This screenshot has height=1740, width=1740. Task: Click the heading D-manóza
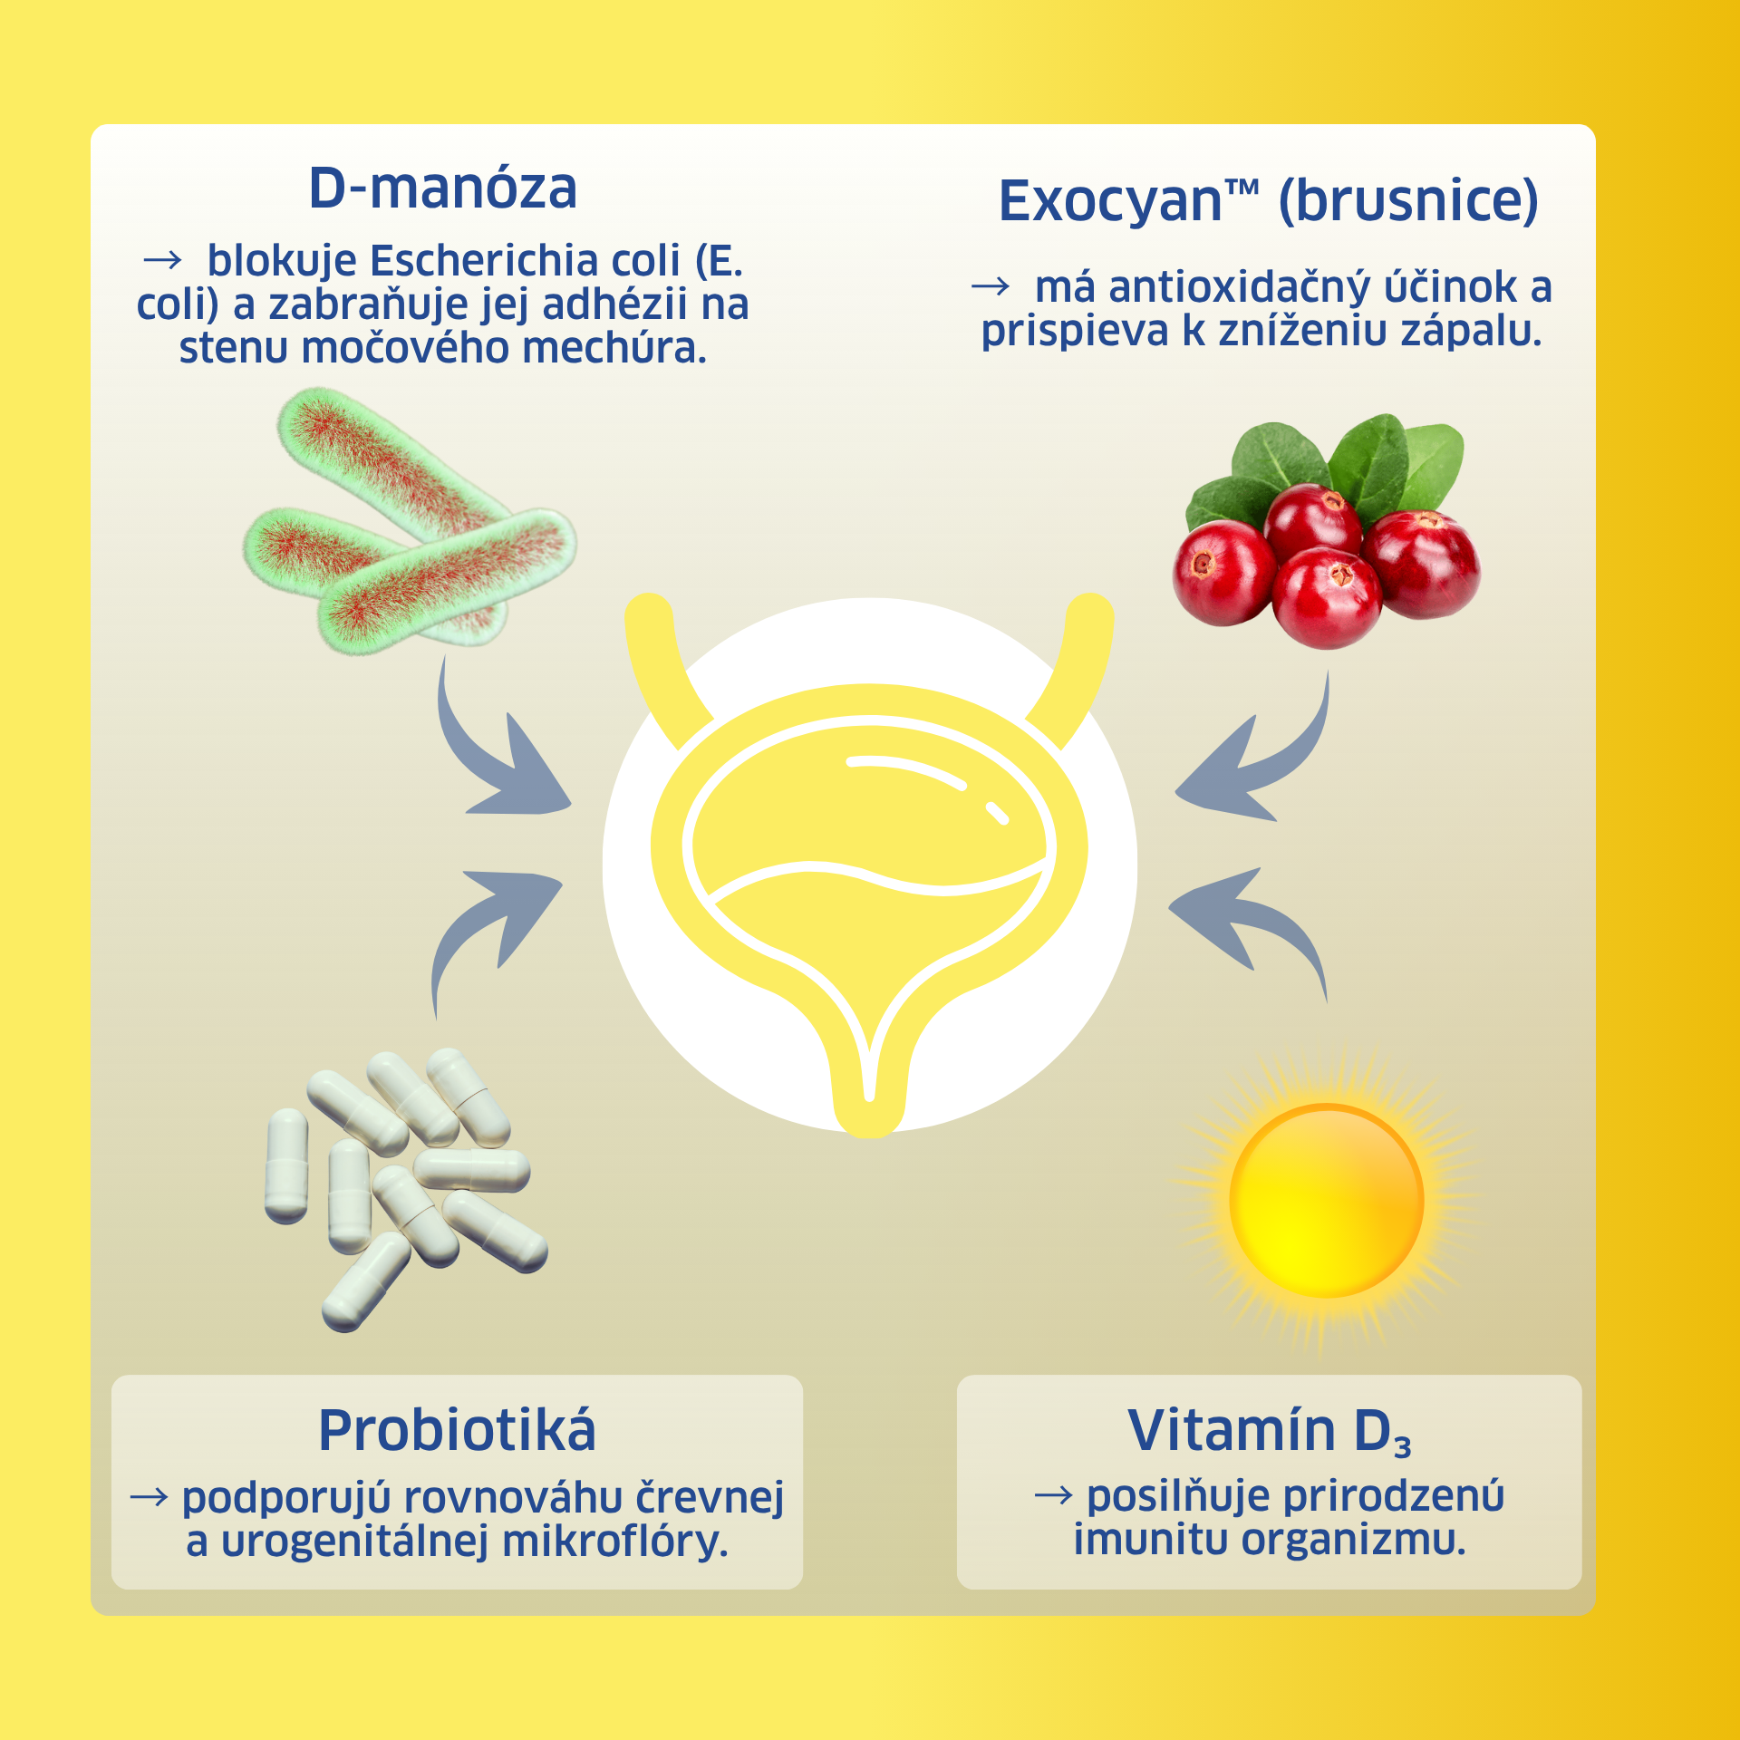pos(442,188)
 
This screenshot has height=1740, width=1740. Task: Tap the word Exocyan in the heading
pos(1110,201)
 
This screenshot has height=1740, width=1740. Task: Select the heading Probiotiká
pos(457,1430)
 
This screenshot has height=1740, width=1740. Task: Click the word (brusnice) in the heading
pos(1408,201)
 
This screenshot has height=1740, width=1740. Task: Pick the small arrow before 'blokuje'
pos(163,261)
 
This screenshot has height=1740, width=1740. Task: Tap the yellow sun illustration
pos(1326,1201)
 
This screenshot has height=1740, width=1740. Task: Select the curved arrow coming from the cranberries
pos(1278,770)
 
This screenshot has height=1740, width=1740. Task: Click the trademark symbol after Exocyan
pos(1242,188)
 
